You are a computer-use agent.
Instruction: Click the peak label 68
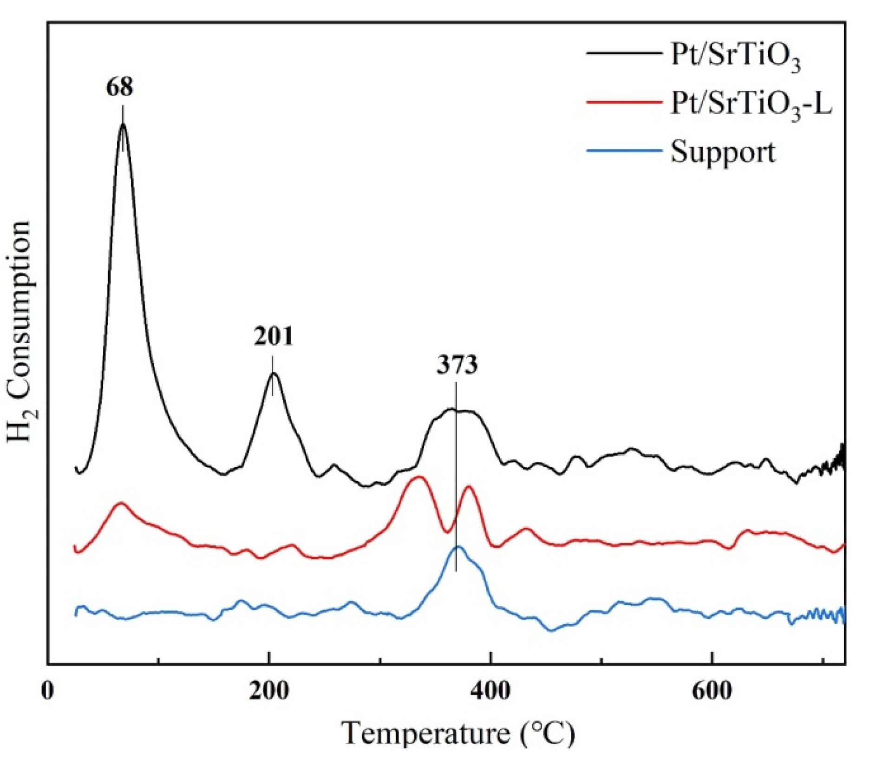coord(119,87)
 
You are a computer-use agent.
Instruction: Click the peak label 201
coord(274,336)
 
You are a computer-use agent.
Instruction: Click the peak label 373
coord(457,365)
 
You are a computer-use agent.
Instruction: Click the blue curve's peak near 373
coord(458,547)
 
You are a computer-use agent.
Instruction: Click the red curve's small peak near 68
coord(122,503)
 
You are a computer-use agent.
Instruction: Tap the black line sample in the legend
coord(623,53)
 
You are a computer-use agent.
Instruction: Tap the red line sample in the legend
coord(623,102)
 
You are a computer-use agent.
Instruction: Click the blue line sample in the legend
coord(623,151)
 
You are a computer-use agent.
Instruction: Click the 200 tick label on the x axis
coord(269,690)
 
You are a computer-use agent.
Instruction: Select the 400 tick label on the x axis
coord(490,690)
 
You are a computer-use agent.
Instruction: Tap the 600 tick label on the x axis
coord(712,690)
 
